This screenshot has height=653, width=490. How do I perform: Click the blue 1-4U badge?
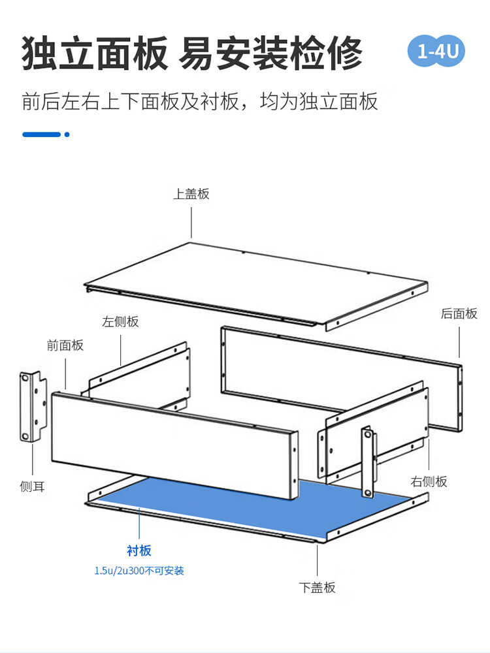(436, 51)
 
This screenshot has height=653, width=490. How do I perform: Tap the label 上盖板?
(191, 194)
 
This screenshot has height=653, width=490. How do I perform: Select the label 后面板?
(459, 313)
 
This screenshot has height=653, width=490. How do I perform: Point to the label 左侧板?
(120, 321)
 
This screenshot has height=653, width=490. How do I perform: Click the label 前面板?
(65, 345)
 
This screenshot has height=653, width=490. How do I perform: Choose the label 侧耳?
(32, 486)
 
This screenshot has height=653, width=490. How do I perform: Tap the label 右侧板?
(429, 481)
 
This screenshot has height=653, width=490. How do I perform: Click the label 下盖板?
(317, 588)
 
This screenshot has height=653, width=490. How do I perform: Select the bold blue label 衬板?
(139, 550)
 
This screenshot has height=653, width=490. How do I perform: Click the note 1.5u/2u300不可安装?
(139, 571)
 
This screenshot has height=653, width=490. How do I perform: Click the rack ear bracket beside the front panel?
(33, 407)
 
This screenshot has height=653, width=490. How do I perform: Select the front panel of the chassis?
(175, 445)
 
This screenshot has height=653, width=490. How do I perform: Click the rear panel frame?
(342, 379)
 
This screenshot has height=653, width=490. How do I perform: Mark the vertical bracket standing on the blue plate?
(367, 462)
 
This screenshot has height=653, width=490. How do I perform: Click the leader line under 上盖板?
(191, 223)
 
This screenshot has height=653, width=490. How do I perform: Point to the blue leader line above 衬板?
(139, 523)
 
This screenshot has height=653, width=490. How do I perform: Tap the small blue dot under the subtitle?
(67, 135)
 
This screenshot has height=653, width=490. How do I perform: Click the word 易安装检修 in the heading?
(270, 54)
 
